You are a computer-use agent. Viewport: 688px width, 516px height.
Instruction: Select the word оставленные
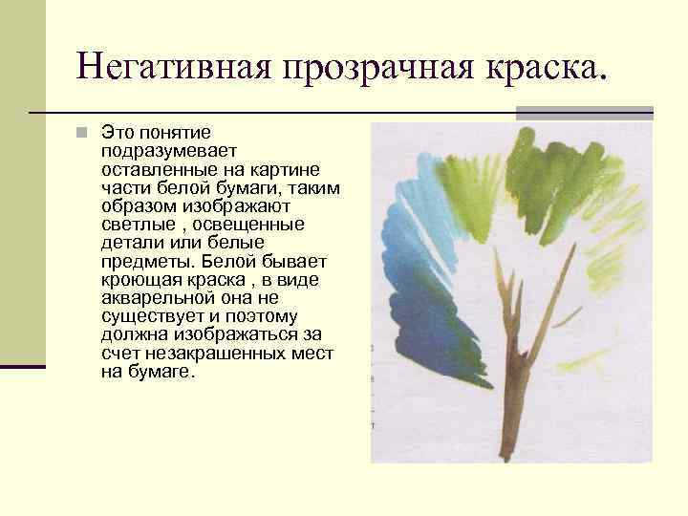(x=155, y=166)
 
